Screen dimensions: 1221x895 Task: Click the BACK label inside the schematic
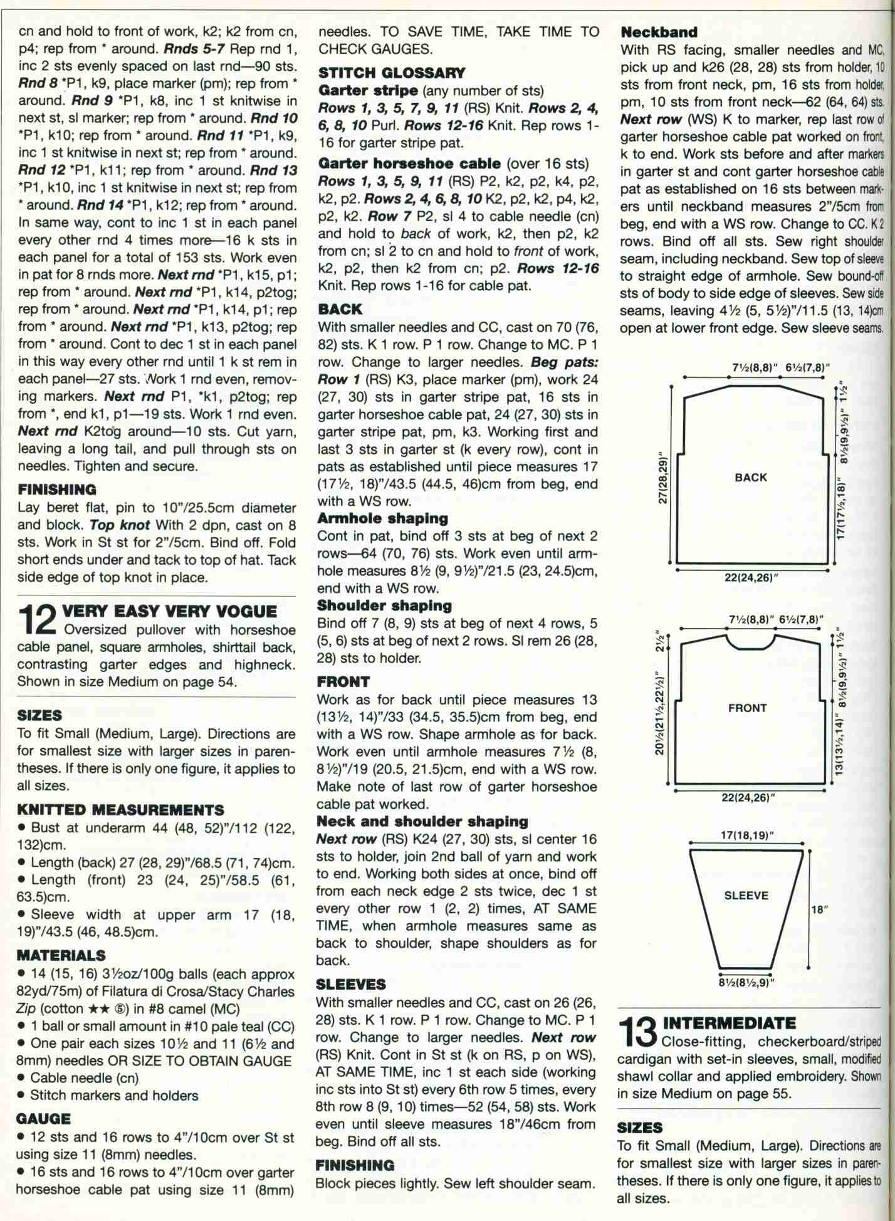tap(750, 478)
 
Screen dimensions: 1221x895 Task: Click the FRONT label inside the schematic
tap(747, 708)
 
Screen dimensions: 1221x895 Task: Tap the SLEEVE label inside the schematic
tap(746, 896)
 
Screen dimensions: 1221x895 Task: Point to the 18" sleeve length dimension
tap(820, 909)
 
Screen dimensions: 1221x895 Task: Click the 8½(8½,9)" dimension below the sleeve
tap(746, 982)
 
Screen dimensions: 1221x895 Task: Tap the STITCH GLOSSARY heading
tap(392, 73)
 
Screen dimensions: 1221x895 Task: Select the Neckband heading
tap(659, 31)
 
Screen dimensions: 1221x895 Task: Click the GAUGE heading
tap(44, 1118)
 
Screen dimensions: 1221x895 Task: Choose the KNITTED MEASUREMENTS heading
tap(120, 810)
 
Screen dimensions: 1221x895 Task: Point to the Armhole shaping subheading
tap(382, 518)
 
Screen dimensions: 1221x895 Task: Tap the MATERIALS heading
tap(61, 955)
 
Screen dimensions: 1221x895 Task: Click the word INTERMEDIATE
tap(730, 1024)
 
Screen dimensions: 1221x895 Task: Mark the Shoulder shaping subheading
tap(384, 605)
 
